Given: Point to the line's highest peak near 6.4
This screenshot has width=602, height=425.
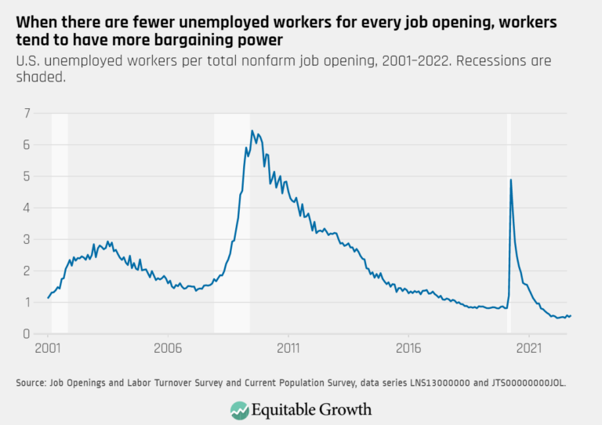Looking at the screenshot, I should [252, 131].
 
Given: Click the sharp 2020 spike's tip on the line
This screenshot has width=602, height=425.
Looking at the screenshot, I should [511, 180].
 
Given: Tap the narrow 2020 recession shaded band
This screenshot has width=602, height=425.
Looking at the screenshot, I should [509, 235].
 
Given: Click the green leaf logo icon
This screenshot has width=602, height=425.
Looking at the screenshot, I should [240, 409].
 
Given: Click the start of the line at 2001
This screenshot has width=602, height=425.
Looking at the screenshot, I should [48, 298].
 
